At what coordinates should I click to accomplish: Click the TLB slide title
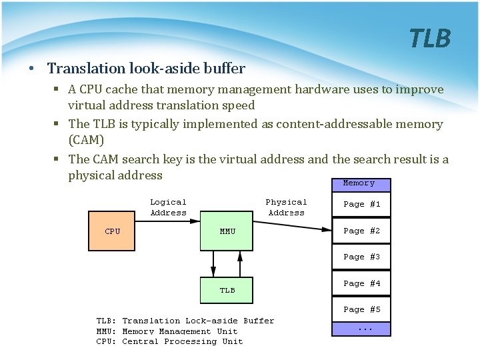click(x=430, y=39)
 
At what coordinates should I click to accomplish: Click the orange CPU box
click(x=113, y=231)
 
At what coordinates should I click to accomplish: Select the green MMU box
click(x=227, y=231)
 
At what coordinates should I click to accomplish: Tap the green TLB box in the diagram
click(x=227, y=290)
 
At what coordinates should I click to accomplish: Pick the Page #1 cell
click(x=361, y=205)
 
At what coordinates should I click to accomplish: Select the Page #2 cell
click(x=361, y=231)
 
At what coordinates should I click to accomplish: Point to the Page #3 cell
click(x=361, y=257)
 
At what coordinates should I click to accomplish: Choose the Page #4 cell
click(x=361, y=283)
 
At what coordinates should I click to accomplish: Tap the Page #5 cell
click(x=361, y=309)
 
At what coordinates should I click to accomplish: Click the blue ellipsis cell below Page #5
click(x=361, y=329)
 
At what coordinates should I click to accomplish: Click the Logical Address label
click(x=168, y=207)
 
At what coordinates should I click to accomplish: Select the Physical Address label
click(x=286, y=207)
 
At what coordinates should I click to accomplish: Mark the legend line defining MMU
click(x=167, y=331)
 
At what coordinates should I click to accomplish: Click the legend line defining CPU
click(x=169, y=341)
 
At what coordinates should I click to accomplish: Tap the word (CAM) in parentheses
click(x=86, y=140)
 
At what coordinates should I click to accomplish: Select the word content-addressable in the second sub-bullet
click(x=327, y=124)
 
